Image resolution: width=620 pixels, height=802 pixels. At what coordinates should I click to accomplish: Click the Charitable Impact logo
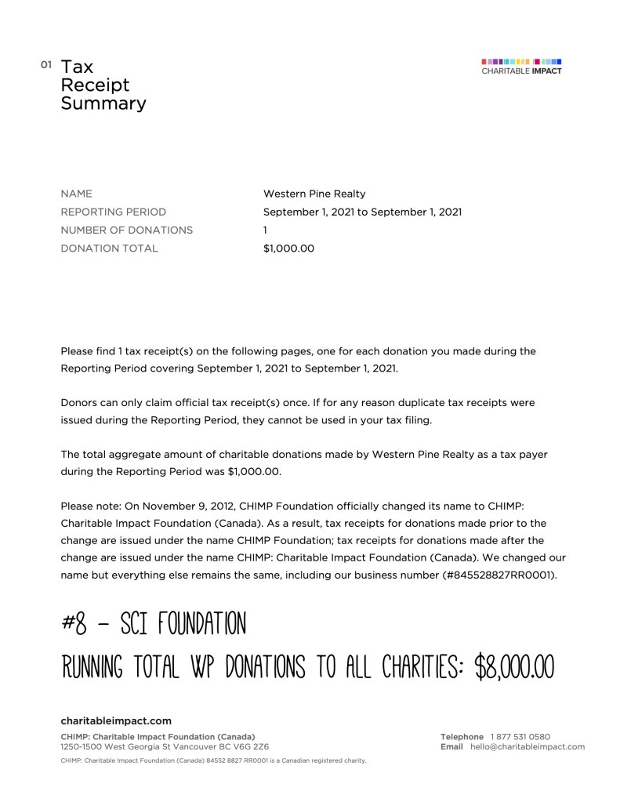pos(521,66)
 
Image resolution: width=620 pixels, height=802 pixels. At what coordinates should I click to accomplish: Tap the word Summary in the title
pos(103,103)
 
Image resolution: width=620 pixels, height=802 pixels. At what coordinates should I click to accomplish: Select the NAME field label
pos(76,194)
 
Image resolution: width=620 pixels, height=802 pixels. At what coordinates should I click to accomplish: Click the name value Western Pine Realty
pos(314,194)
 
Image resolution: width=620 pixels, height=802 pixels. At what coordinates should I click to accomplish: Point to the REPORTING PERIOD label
pos(114,212)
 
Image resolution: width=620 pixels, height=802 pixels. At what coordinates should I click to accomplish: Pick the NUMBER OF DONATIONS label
pos(126,230)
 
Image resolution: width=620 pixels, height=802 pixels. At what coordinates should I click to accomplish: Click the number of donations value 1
pos(266,230)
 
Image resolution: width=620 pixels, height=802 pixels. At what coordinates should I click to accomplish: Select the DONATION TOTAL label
pos(109,249)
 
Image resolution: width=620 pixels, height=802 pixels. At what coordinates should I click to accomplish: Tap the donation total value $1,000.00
pos(288,249)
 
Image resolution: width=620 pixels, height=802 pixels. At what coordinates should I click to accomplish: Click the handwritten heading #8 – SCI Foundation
pos(154,624)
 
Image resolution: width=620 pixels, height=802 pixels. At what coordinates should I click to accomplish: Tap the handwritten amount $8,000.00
pos(515,667)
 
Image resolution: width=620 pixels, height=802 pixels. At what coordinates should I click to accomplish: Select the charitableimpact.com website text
pos(116,720)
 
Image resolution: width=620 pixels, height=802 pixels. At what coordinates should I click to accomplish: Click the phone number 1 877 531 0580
pos(520,737)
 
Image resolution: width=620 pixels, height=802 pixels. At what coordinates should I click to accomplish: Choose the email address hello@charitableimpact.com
pos(528,747)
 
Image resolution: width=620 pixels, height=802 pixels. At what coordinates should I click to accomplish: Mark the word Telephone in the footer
pos(462,737)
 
